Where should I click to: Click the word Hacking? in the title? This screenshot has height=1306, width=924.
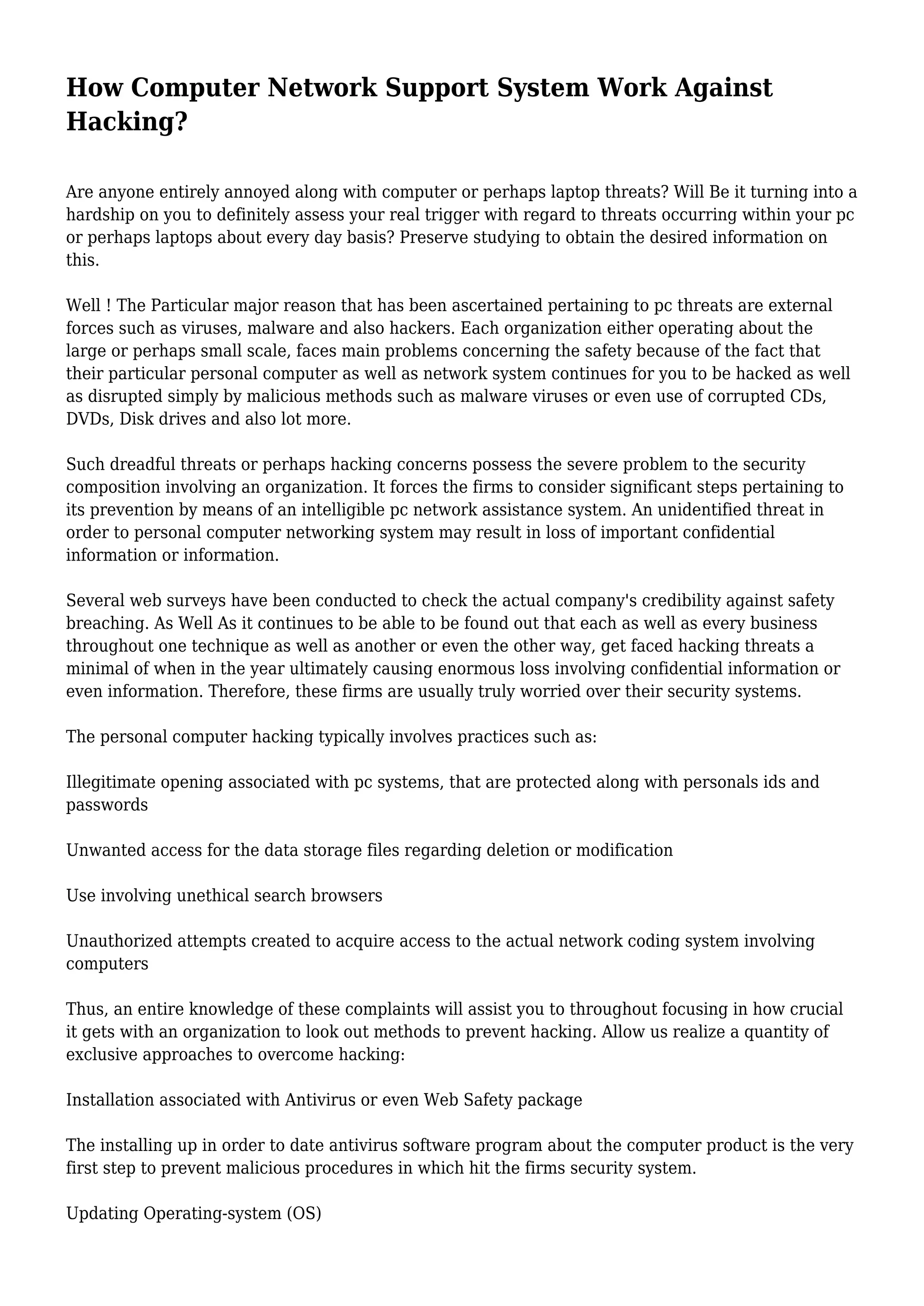[x=126, y=121]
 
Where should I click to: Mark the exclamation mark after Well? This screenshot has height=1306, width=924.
[x=108, y=306]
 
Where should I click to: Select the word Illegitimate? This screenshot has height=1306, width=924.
[x=111, y=782]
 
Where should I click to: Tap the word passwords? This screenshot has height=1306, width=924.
[x=106, y=805]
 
